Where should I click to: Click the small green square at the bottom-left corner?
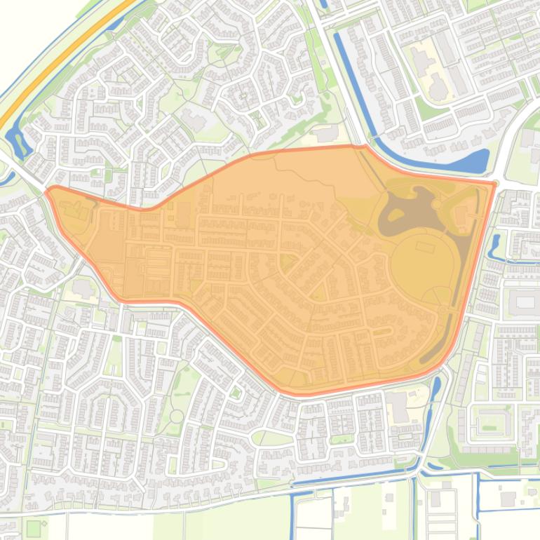pyautogui.click(x=33, y=527)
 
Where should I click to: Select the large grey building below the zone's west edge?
pyautogui.click(x=83, y=288)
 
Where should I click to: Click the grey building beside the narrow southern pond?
pyautogui.click(x=398, y=407)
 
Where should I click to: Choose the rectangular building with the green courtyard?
pyautogui.click(x=492, y=421)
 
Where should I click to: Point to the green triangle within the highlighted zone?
pyautogui.click(x=286, y=264)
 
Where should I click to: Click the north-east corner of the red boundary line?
pyautogui.click(x=494, y=184)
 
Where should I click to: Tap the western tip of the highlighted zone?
pyautogui.click(x=48, y=191)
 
